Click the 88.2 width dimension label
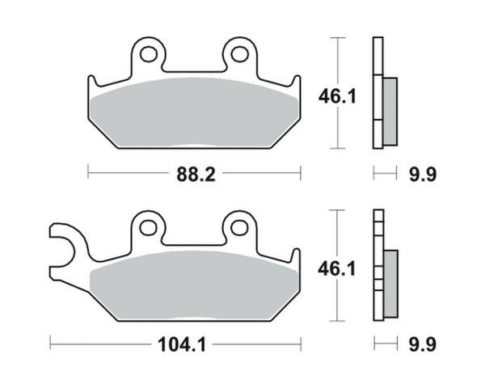tap(196, 175)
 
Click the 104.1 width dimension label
tap(182, 344)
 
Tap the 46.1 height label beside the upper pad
tap(337, 96)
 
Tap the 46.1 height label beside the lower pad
tap(337, 268)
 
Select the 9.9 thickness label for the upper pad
tap(423, 175)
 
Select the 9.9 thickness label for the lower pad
tap(423, 344)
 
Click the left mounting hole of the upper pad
tap(149, 54)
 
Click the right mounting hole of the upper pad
tap(240, 54)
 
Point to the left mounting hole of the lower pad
tap(149, 228)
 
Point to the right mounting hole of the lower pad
tap(239, 228)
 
